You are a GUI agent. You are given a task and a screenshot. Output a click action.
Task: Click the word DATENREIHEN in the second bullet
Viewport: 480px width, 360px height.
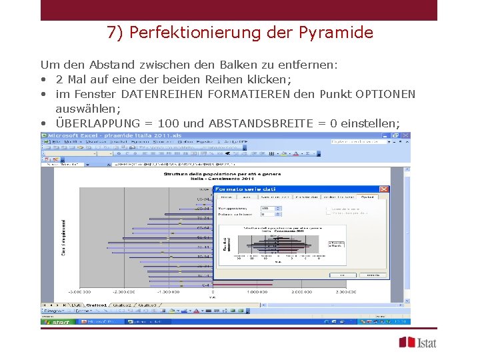pyautogui.click(x=163, y=94)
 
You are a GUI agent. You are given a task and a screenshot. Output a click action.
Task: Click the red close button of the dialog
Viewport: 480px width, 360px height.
pyautogui.click(x=383, y=189)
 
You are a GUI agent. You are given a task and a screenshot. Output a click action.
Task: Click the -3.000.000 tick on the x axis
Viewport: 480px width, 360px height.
pyautogui.click(x=80, y=292)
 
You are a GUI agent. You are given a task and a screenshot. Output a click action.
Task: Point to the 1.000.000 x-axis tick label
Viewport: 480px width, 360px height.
pyautogui.click(x=257, y=292)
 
